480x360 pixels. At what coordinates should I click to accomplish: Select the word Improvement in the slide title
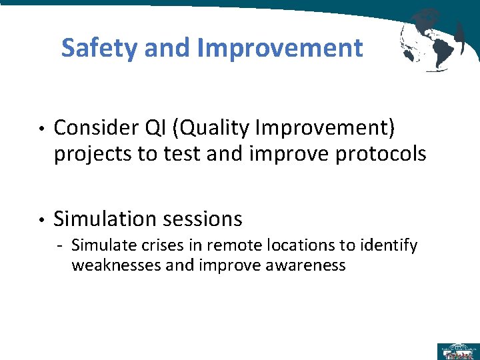[280, 48]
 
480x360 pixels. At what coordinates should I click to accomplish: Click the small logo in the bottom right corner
[458, 351]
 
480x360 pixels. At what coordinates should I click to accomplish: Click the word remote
[210, 245]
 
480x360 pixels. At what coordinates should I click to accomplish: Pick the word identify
[392, 245]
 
